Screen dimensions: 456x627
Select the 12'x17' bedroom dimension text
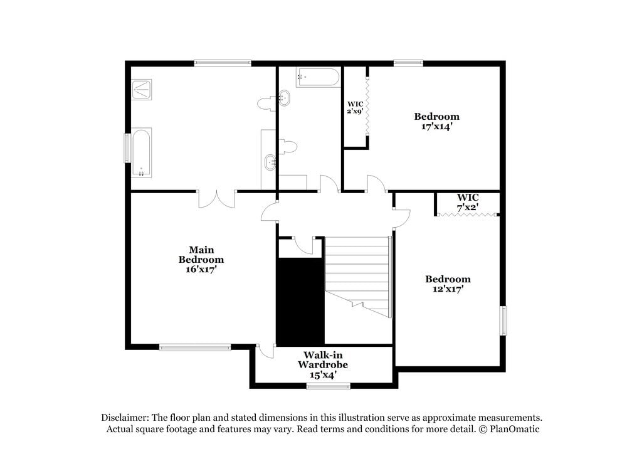pos(448,290)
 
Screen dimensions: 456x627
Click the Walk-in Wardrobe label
pos(323,359)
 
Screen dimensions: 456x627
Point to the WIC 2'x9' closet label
pos(356,107)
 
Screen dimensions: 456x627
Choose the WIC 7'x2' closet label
pos(468,201)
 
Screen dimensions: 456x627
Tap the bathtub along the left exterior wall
pos(141,152)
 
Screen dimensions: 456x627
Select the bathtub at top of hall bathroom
pos(317,77)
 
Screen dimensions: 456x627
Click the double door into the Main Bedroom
pos(216,199)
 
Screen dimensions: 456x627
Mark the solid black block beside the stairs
pos(300,300)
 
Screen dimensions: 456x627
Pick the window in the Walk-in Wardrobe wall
pos(328,386)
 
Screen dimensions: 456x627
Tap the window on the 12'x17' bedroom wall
pos(503,321)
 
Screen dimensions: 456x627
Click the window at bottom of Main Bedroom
pos(195,347)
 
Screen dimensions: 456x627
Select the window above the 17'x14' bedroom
pos(408,63)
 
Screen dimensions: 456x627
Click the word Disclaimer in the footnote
pos(124,418)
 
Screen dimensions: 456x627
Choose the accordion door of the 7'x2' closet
pos(468,215)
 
